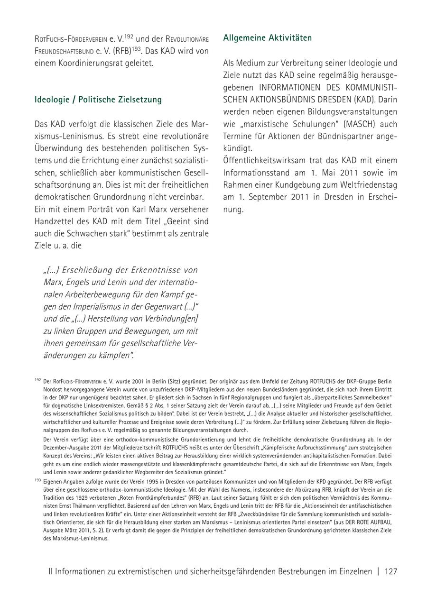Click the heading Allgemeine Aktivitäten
[268, 37]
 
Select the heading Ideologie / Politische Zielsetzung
[98, 100]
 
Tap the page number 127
[391, 571]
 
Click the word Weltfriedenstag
[369, 184]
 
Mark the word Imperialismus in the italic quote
[100, 306]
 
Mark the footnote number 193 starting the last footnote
[37, 480]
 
